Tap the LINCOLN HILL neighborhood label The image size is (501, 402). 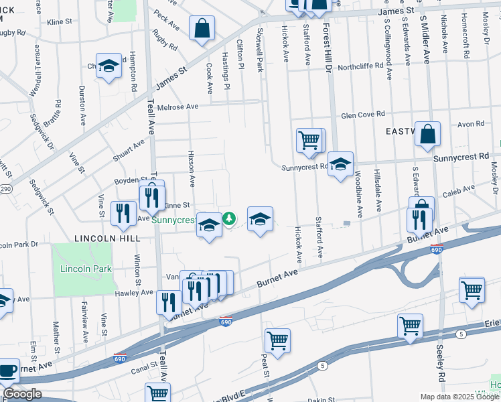pyautogui.click(x=107, y=238)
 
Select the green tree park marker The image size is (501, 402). pyautogui.click(x=229, y=218)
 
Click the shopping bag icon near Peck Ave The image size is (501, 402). pyautogui.click(x=202, y=29)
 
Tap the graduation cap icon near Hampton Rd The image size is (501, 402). pyautogui.click(x=109, y=66)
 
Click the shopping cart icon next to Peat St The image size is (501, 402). pyautogui.click(x=277, y=339)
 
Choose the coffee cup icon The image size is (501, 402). pyautogui.click(x=7, y=371)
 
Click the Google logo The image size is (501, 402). pyautogui.click(x=22, y=394)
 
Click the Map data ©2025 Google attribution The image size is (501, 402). pyautogui.click(x=459, y=397)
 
